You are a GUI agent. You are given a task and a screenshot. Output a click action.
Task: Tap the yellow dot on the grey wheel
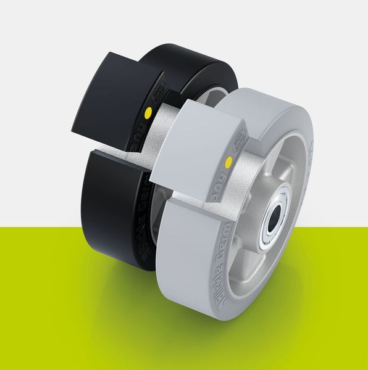click(230, 163)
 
